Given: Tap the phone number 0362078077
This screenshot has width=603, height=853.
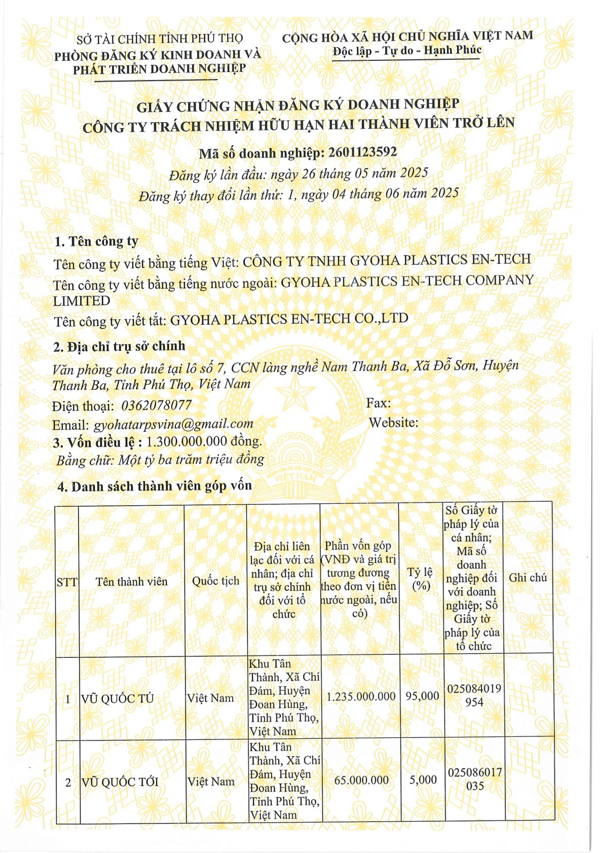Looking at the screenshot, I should tap(157, 405).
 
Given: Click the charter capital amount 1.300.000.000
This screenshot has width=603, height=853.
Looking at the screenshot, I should tap(186, 442).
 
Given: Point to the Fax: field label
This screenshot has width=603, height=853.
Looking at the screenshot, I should tap(378, 403).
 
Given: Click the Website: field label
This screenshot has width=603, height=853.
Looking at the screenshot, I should tap(393, 422).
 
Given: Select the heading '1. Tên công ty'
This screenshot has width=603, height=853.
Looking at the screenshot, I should tap(96, 241).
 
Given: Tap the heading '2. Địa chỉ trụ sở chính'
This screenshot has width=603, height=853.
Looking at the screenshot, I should tap(120, 347).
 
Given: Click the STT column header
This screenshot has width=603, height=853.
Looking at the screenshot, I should tap(67, 582).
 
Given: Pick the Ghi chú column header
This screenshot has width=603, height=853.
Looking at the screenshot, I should tap(527, 578).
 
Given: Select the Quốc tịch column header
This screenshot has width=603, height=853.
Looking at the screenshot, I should tap(215, 581).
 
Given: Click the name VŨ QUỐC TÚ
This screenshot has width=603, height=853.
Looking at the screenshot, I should tap(118, 698).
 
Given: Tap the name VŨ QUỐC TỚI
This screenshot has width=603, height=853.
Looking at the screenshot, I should tap(120, 782).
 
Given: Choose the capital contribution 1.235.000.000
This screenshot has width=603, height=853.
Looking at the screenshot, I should tap(361, 696).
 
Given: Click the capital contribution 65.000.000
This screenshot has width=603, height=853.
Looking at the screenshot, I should tap(361, 780).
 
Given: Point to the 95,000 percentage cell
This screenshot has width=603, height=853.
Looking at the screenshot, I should tap(422, 696).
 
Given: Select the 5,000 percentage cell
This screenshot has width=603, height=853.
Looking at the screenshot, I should tap(423, 780).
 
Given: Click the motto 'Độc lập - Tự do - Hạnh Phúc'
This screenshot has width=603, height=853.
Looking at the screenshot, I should tap(407, 51).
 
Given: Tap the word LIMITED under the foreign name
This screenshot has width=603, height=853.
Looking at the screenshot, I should tap(82, 301).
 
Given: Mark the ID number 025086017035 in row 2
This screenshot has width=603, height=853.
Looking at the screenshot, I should tap(474, 780).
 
